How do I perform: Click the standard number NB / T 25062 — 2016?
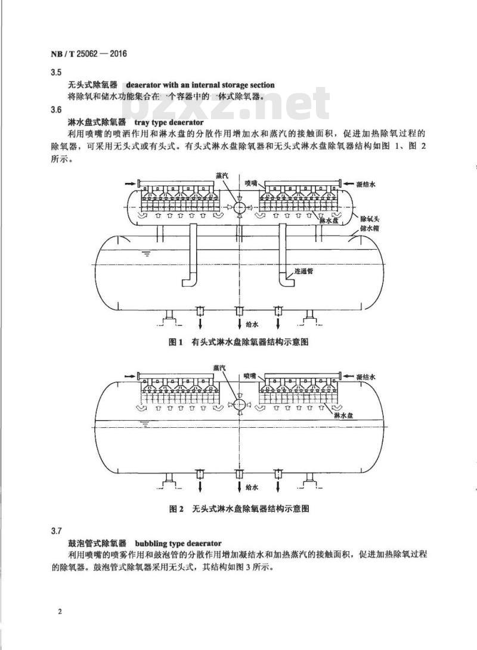(89, 54)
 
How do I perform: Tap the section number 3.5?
(56, 73)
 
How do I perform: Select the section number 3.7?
(57, 531)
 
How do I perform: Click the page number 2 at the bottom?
(60, 612)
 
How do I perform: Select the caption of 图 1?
(238, 342)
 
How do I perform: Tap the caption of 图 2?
(239, 509)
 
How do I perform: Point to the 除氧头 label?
(369, 219)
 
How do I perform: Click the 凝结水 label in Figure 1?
(366, 184)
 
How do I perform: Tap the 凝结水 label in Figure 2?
(366, 377)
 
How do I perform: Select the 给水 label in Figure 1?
(252, 325)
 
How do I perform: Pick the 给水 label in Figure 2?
(252, 487)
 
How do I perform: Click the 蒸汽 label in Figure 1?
(222, 175)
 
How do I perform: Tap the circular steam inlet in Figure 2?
(239, 405)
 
